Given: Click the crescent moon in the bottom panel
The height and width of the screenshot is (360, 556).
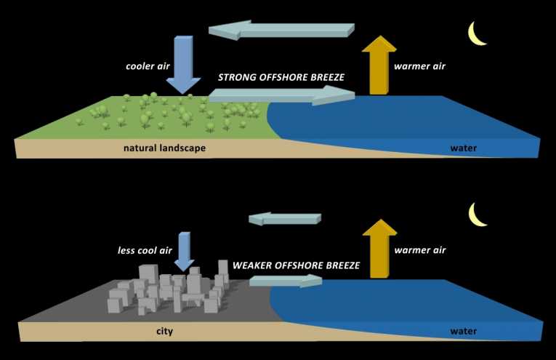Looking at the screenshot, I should click(x=478, y=214).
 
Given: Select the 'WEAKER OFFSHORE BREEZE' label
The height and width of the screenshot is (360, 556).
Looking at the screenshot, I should click(x=295, y=266).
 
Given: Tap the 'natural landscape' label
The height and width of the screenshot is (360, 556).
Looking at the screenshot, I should click(x=164, y=148).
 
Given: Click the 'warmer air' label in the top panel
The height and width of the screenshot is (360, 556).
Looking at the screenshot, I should click(x=419, y=66).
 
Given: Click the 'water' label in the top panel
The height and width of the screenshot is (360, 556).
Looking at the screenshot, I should click(x=462, y=148).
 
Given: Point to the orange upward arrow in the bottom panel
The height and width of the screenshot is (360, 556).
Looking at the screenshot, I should click(x=378, y=250).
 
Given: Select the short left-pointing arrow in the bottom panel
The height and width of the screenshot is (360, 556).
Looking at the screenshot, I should click(x=284, y=218).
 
